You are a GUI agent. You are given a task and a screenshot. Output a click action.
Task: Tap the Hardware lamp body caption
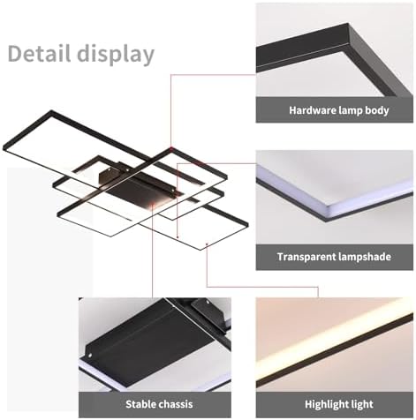coord(336,110)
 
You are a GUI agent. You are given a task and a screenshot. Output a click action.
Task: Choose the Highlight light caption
coord(336,405)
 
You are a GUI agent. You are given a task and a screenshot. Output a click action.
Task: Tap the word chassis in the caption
coord(174,405)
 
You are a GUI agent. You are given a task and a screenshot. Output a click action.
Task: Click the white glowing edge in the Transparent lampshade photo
coord(336,204)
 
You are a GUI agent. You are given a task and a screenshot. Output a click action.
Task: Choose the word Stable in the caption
coord(141,405)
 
